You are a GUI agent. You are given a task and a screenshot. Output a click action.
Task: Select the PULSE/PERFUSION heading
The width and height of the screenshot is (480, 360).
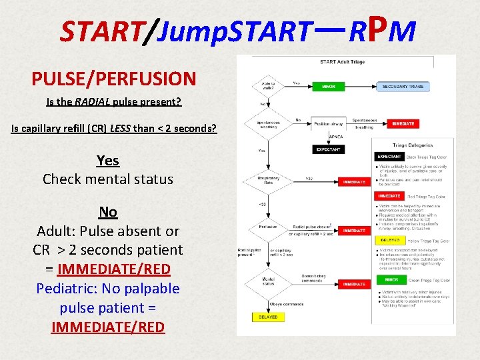(114, 79)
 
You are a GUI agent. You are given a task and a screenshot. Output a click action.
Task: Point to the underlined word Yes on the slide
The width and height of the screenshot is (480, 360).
(107, 160)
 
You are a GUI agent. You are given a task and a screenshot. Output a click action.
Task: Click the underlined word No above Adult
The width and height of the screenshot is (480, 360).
(107, 212)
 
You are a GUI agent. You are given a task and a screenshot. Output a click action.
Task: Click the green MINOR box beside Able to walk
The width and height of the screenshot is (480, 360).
(329, 87)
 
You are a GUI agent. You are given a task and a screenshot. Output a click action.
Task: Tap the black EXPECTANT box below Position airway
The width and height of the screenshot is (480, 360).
(329, 150)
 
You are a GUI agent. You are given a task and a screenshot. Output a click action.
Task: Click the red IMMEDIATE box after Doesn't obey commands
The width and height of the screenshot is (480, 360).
(354, 285)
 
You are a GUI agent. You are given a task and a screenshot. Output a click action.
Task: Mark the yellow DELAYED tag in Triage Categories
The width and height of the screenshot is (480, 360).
(391, 240)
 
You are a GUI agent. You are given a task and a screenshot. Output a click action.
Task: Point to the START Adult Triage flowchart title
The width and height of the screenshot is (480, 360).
(342, 62)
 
